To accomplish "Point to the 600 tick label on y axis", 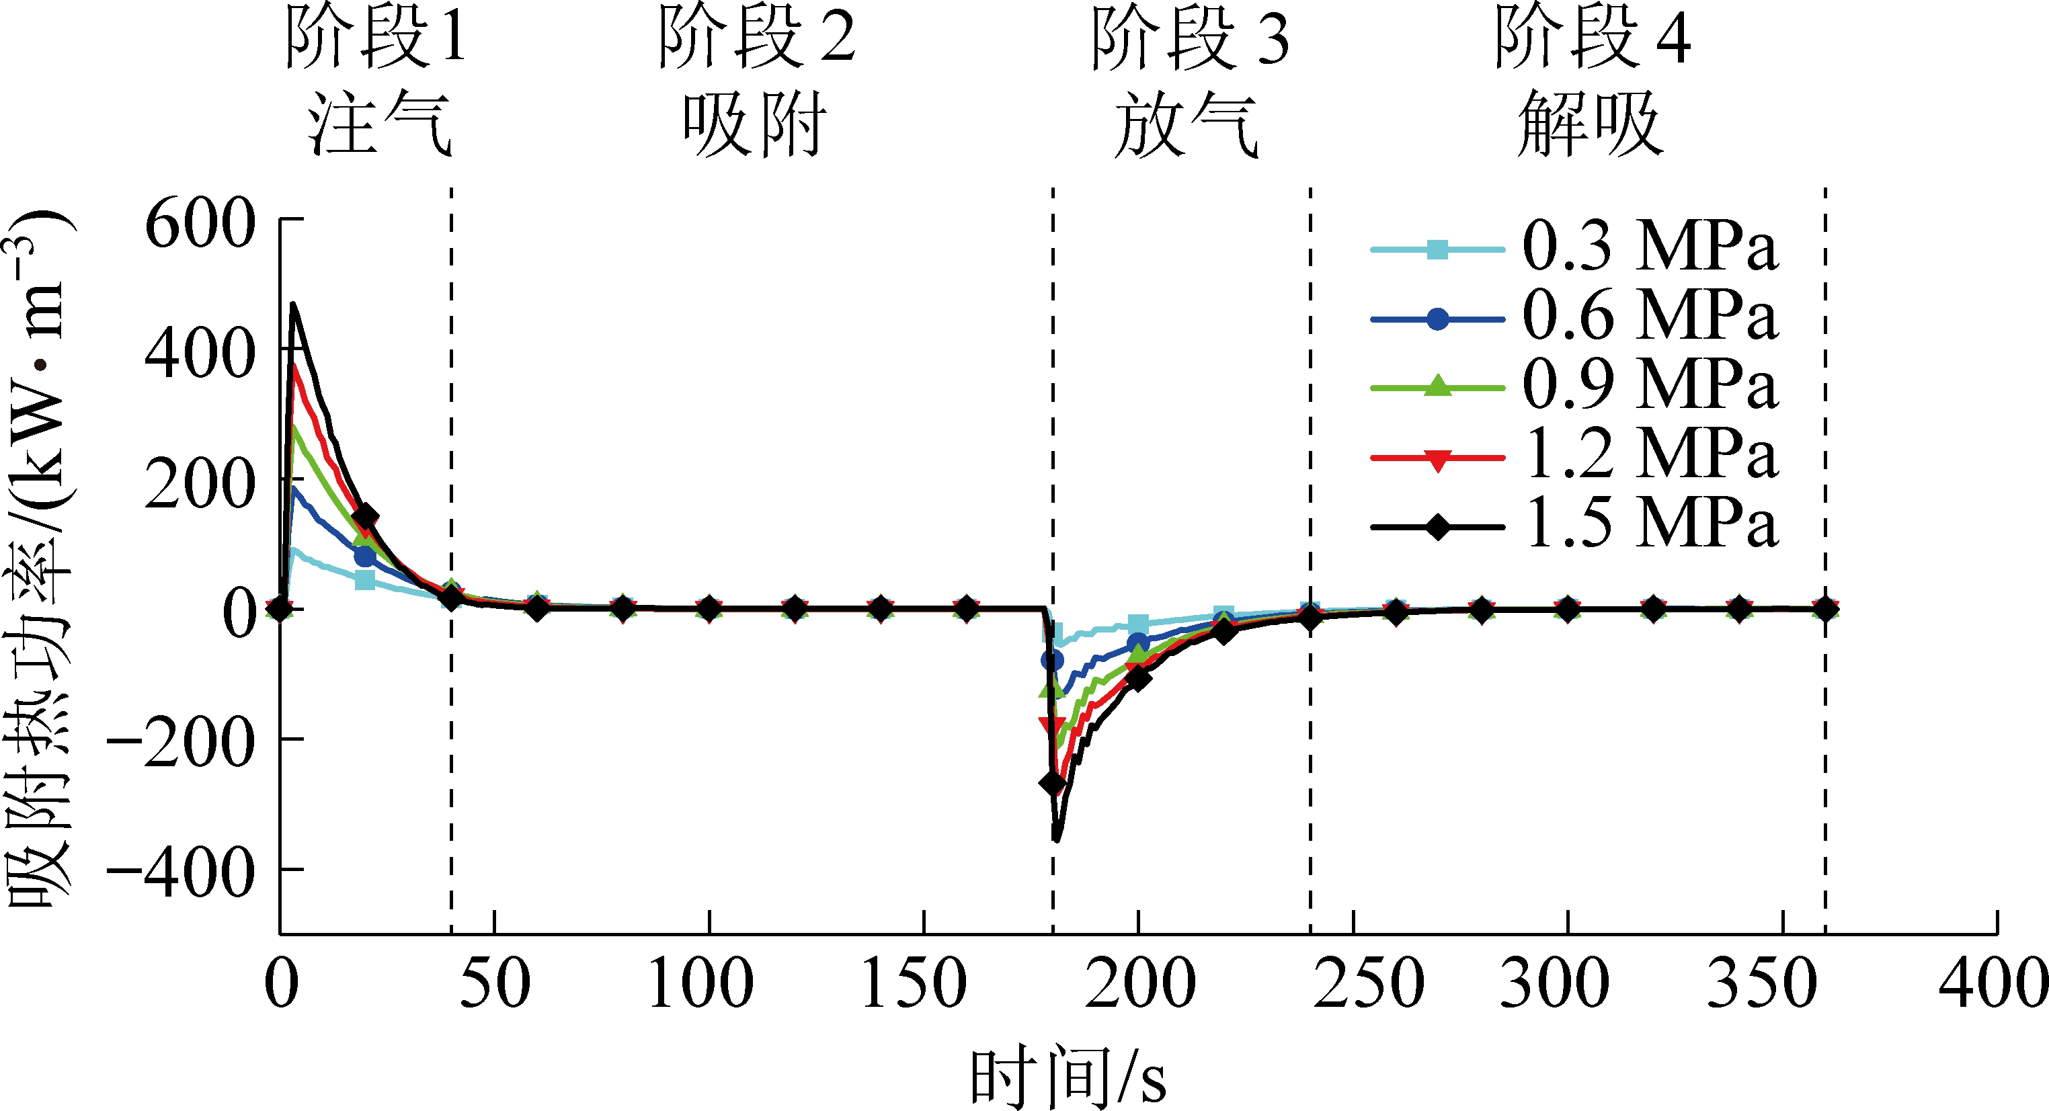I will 200,225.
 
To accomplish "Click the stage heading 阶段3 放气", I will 1189,79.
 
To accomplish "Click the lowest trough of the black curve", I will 1056,839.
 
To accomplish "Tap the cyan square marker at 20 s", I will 364,580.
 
